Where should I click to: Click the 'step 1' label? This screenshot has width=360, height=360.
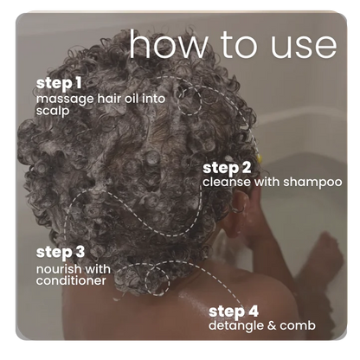click(58, 84)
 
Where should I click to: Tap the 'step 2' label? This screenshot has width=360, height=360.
click(227, 167)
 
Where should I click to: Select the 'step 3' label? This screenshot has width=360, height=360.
click(60, 252)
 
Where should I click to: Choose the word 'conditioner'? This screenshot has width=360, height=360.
click(71, 280)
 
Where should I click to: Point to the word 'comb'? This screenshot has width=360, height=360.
click(299, 325)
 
